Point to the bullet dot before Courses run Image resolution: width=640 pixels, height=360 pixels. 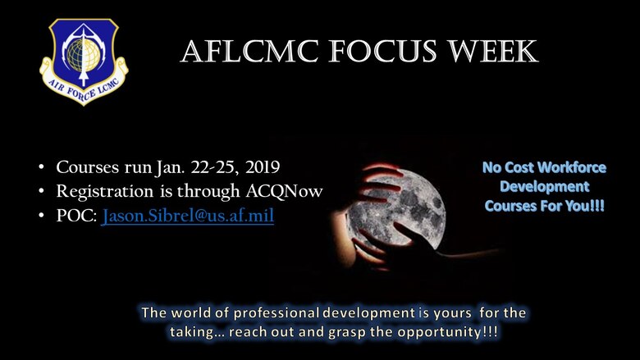click(x=41, y=169)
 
